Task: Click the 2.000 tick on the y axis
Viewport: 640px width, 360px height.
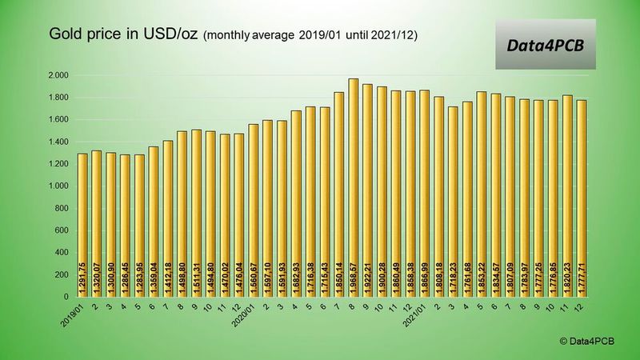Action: pyautogui.click(x=58, y=76)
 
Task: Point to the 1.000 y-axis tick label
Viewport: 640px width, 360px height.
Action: pyautogui.click(x=58, y=186)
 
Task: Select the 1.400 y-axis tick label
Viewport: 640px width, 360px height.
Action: pyautogui.click(x=58, y=142)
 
